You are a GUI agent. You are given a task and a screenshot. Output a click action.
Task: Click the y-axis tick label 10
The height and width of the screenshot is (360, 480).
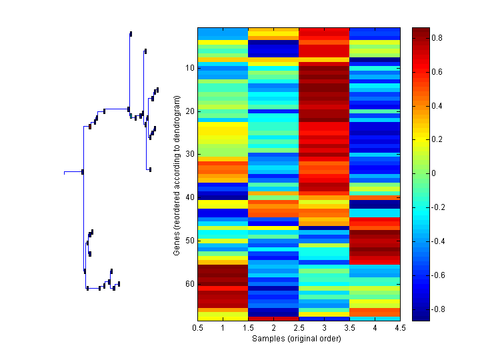pyautogui.click(x=189, y=68)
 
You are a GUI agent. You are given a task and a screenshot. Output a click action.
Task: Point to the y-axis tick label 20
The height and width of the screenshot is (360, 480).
pyautogui.click(x=189, y=111)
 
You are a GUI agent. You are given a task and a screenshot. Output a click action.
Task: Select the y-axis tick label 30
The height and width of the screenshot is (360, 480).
pyautogui.click(x=189, y=154)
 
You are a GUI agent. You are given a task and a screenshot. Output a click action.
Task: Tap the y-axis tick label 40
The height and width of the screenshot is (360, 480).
pyautogui.click(x=189, y=197)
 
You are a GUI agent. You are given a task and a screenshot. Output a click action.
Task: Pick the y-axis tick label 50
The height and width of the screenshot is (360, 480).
pyautogui.click(x=189, y=241)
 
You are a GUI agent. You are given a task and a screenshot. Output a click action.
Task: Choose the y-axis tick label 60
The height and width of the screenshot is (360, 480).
pyautogui.click(x=189, y=284)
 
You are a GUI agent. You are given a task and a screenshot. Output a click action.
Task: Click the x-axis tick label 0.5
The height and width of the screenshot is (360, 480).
pyautogui.click(x=197, y=327)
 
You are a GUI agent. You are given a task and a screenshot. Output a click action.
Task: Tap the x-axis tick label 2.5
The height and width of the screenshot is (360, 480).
pyautogui.click(x=299, y=327)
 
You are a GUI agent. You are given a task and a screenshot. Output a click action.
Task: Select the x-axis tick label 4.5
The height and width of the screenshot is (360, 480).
pyautogui.click(x=400, y=327)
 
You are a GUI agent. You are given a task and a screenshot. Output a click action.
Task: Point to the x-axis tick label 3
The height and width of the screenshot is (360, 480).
pyautogui.click(x=324, y=327)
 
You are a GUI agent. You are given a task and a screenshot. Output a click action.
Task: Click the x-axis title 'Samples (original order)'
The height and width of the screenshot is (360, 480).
pyautogui.click(x=297, y=338)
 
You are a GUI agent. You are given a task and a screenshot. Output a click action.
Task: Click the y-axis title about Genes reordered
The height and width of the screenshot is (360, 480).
pyautogui.click(x=177, y=175)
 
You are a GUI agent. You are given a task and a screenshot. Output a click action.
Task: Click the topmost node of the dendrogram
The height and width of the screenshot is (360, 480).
pyautogui.click(x=131, y=33)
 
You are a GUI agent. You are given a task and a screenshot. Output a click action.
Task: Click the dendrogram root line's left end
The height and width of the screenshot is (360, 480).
pyautogui.click(x=64, y=172)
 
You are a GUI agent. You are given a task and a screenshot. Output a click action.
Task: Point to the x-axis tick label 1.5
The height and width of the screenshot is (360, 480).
pyautogui.click(x=248, y=327)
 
